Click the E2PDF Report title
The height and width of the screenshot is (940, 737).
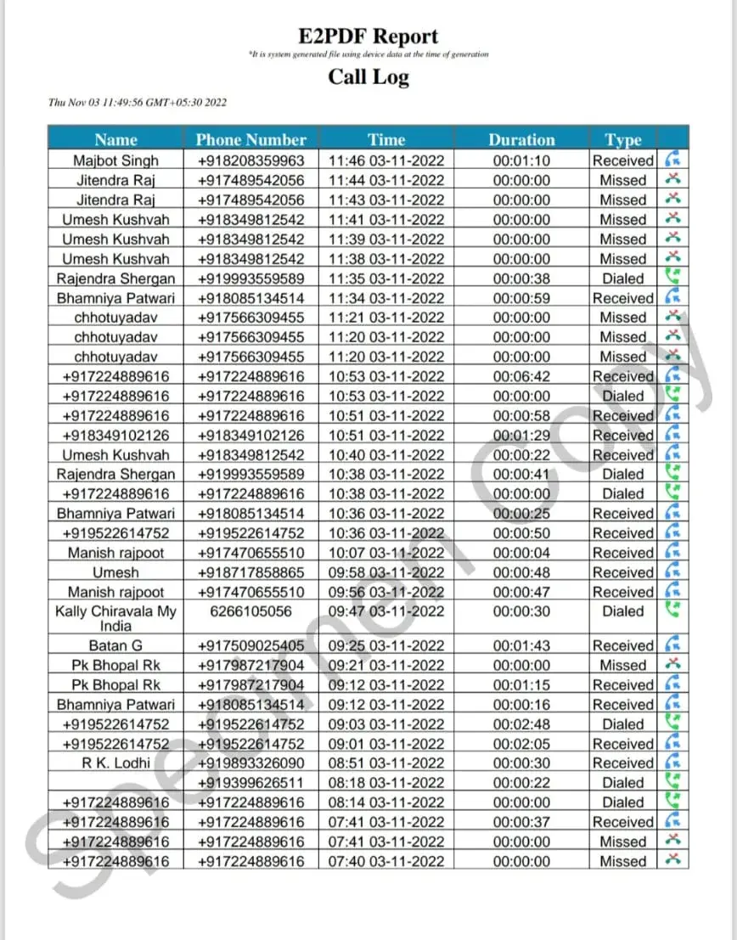pyautogui.click(x=368, y=37)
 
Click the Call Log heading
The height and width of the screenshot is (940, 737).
pyautogui.click(x=368, y=76)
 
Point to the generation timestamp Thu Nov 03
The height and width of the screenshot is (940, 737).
pyautogui.click(x=138, y=103)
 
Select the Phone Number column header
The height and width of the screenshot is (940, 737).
pyautogui.click(x=250, y=140)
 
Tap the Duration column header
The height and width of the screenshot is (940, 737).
pyautogui.click(x=521, y=140)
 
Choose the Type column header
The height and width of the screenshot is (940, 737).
pyautogui.click(x=623, y=140)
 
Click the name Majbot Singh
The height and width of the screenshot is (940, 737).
pyautogui.click(x=115, y=160)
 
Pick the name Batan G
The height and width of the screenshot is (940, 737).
pyautogui.click(x=115, y=646)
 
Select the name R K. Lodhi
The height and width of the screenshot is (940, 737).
pyautogui.click(x=115, y=763)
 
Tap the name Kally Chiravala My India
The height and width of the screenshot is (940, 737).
pyautogui.click(x=115, y=618)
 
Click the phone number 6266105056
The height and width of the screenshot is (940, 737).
pyautogui.click(x=250, y=611)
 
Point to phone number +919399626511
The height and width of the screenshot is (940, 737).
pyautogui.click(x=250, y=783)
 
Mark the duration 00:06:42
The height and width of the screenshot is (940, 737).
pyautogui.click(x=521, y=376)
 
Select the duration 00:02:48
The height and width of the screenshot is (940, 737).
pyautogui.click(x=521, y=724)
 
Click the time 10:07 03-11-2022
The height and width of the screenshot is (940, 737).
pyautogui.click(x=386, y=553)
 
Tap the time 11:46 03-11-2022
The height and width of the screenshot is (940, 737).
pyautogui.click(x=386, y=160)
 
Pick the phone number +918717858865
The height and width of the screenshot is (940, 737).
pyautogui.click(x=250, y=572)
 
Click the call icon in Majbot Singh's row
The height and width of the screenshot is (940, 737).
pyautogui.click(x=672, y=160)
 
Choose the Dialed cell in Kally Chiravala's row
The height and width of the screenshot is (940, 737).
pyautogui.click(x=623, y=611)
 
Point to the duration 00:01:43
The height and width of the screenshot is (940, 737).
pyautogui.click(x=521, y=646)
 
